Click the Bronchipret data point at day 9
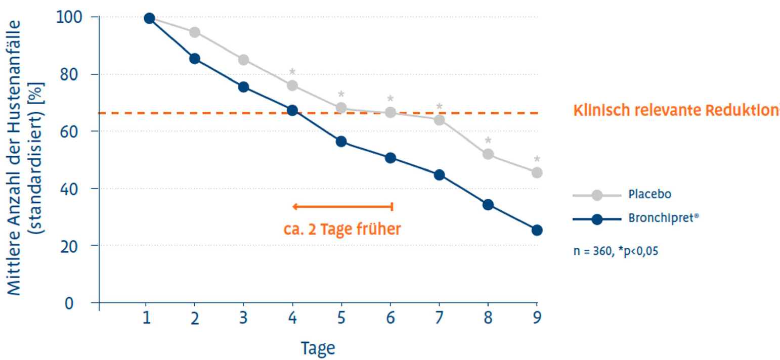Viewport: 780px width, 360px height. point(537,230)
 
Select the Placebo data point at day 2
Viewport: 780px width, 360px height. point(195,32)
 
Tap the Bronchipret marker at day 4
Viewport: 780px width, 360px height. point(292,110)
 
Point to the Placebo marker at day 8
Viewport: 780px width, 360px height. point(488,154)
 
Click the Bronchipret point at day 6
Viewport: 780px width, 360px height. point(390,158)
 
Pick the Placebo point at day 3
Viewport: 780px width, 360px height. point(243,60)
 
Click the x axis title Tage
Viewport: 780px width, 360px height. point(318,348)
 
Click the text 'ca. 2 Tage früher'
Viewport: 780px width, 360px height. point(342,229)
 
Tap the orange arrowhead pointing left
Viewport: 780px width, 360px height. point(295,206)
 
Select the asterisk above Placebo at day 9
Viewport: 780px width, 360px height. point(537,159)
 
